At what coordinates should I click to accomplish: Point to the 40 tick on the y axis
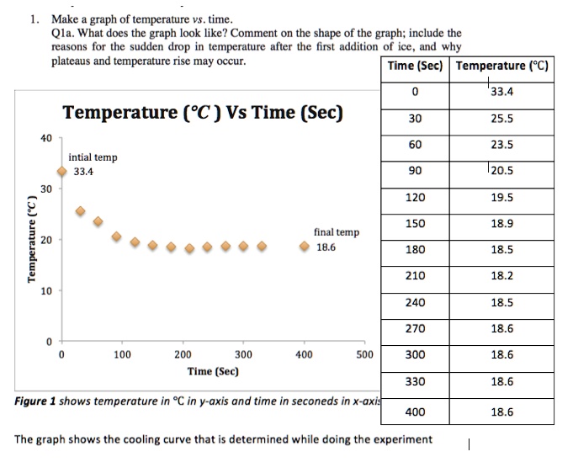point(47,137)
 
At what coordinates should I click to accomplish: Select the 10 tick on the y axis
point(47,291)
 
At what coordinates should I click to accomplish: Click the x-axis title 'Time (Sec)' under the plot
point(213,371)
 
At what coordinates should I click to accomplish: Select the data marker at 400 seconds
point(304,247)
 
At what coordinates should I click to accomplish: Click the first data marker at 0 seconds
point(62,172)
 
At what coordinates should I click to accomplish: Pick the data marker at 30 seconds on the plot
point(80,211)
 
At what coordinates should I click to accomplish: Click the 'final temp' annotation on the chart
point(336,231)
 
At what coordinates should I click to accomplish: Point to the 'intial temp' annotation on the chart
point(93,157)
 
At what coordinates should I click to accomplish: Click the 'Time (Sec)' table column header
point(416,66)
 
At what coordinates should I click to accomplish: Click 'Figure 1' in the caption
point(35,401)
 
